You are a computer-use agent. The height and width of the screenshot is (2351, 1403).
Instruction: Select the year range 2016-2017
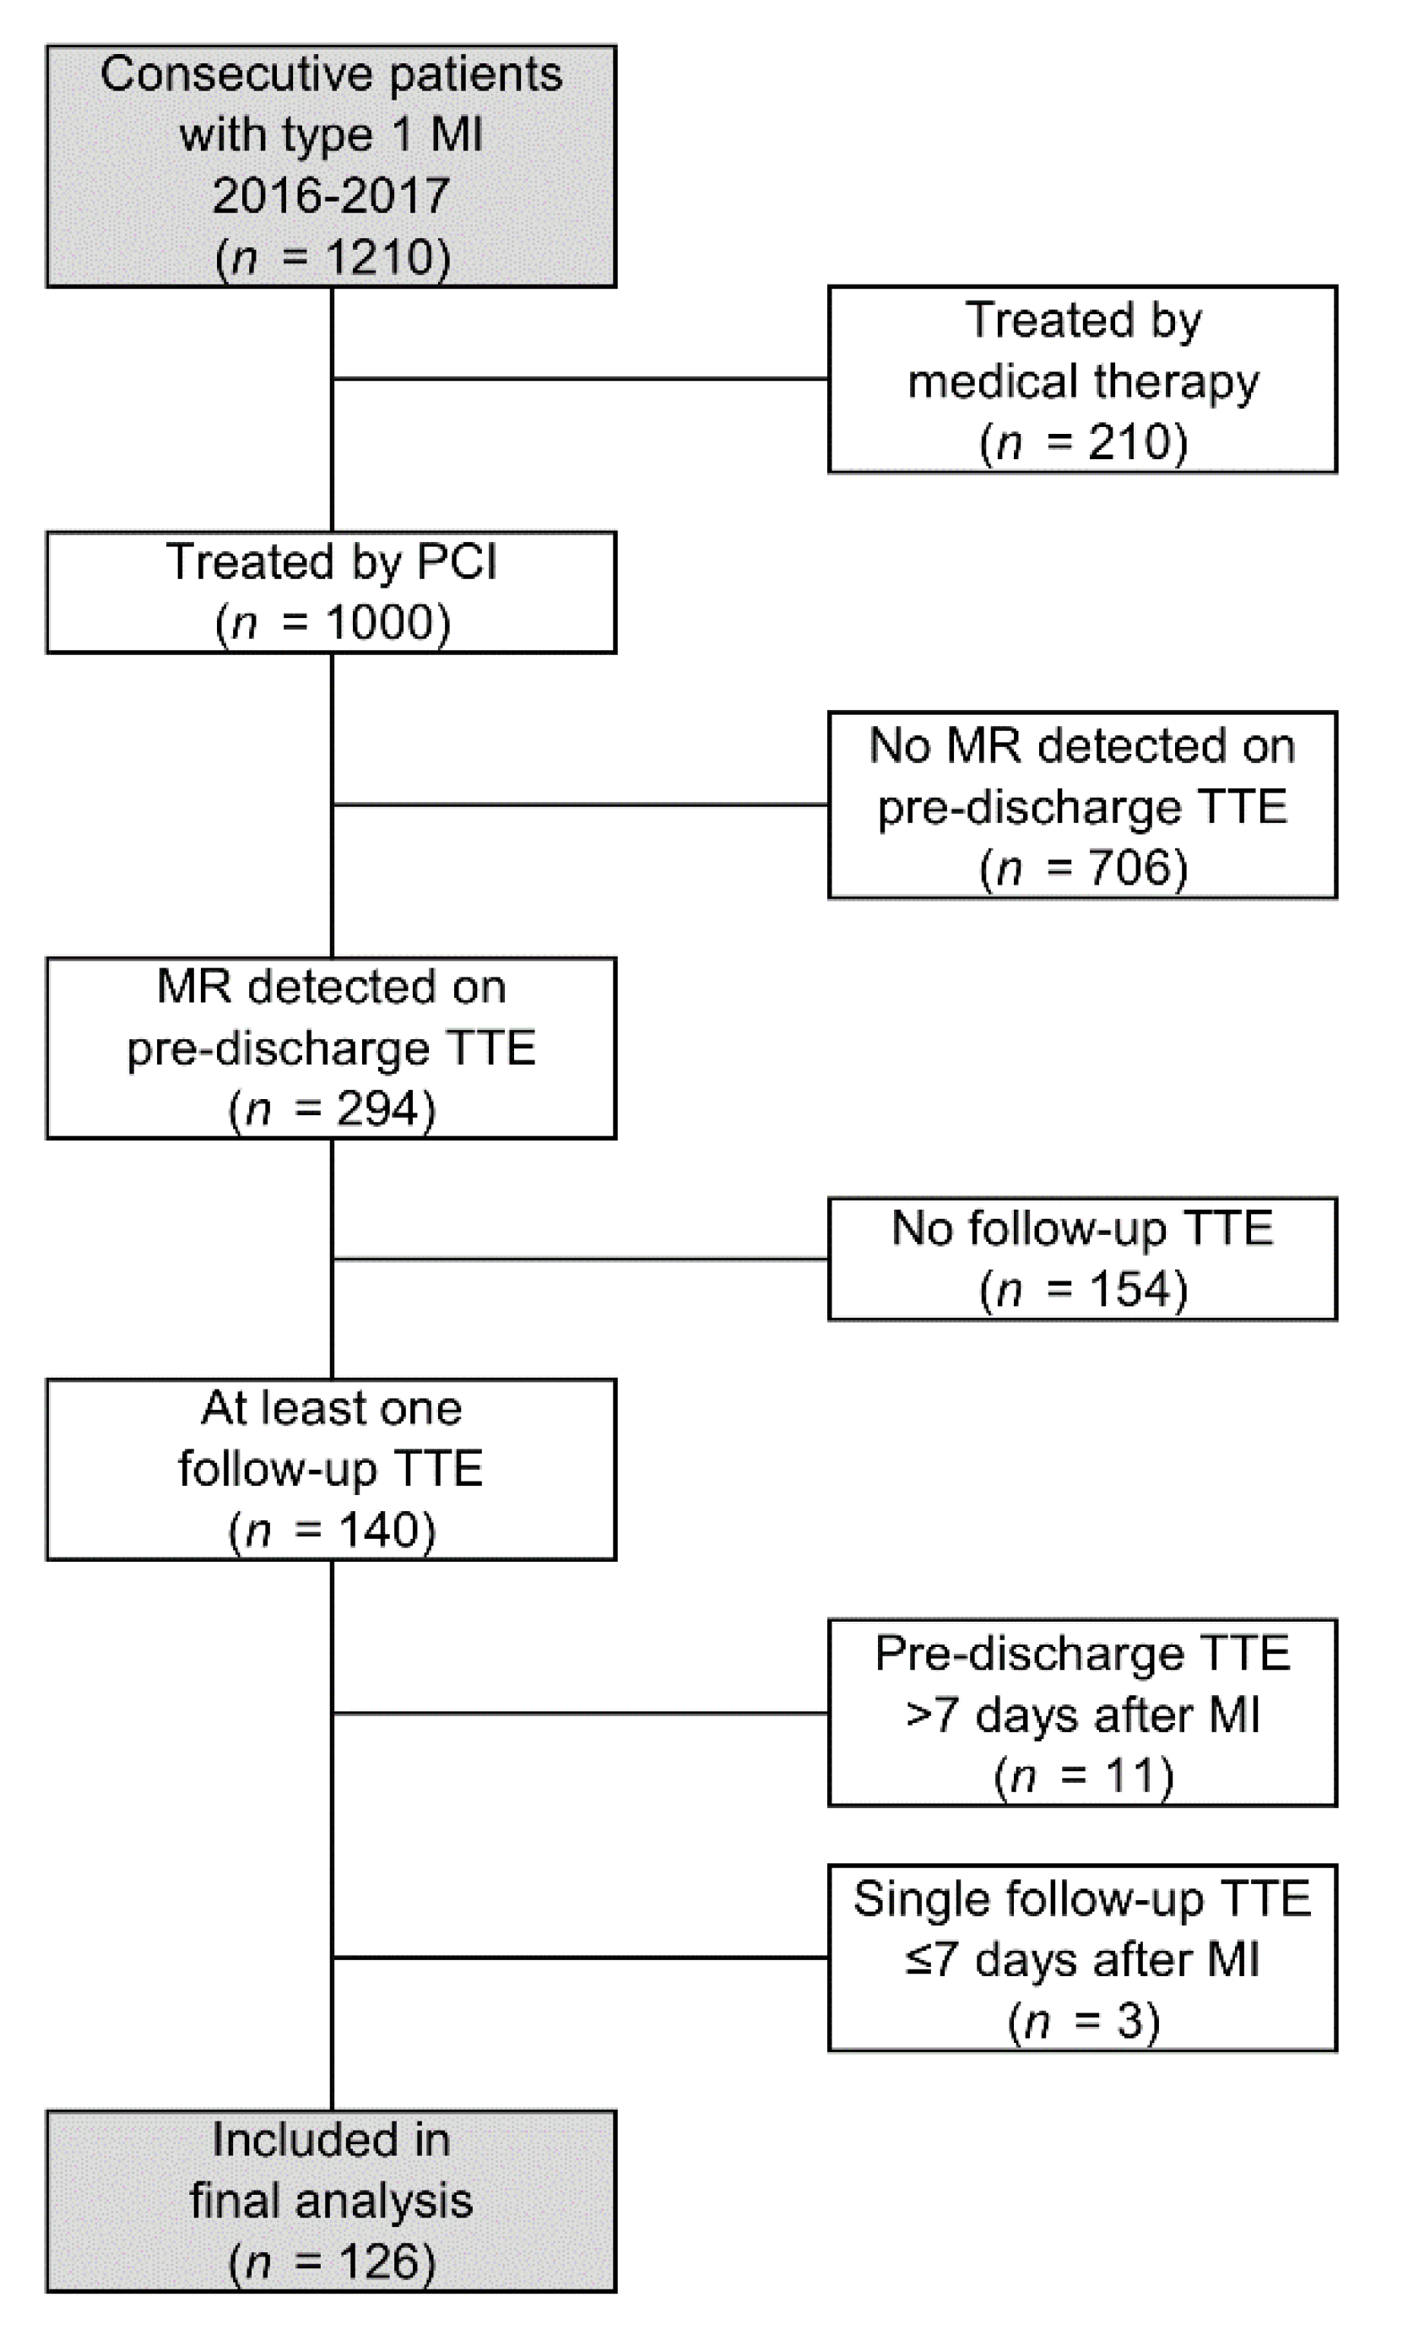[331, 196]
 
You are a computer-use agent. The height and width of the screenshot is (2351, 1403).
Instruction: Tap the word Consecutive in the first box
[236, 73]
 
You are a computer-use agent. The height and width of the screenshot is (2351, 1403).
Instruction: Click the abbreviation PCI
[457, 561]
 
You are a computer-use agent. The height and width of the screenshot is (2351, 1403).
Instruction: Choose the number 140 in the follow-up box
[378, 1529]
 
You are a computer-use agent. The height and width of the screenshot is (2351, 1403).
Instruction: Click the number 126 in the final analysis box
[378, 2262]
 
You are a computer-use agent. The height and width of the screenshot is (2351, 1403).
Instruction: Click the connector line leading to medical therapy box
[581, 379]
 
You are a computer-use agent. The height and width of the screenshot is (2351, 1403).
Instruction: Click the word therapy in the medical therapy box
[1176, 381]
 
